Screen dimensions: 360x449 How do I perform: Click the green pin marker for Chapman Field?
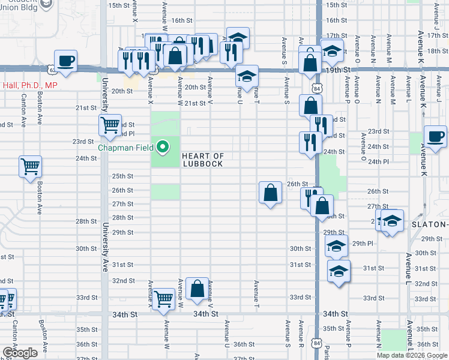click(162, 146)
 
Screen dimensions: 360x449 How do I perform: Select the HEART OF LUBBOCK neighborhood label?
click(203, 160)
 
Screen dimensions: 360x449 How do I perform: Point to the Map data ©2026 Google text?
click(412, 355)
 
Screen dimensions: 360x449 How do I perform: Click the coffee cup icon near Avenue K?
click(435, 136)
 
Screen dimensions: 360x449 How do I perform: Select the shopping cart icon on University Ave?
click(110, 125)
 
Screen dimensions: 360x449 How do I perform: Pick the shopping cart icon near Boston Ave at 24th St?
click(31, 166)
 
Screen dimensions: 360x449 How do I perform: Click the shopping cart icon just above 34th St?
click(163, 298)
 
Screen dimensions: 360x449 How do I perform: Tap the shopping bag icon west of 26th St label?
click(271, 193)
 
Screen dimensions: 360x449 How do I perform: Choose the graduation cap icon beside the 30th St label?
click(336, 245)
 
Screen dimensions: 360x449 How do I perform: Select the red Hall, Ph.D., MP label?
click(30, 86)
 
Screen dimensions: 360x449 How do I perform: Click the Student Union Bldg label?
click(28, 4)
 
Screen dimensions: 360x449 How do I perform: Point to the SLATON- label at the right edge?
click(430, 224)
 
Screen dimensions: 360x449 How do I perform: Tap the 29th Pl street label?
click(363, 244)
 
